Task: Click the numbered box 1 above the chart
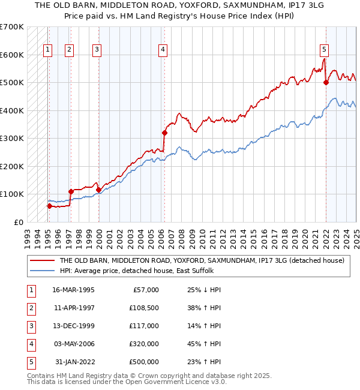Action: coord(47,50)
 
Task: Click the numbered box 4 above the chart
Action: coord(163,50)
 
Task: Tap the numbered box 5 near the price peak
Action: coord(324,50)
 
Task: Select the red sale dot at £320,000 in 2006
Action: coord(164,133)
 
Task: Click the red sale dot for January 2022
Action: coord(326,83)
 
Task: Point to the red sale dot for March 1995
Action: coord(49,206)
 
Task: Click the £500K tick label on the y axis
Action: coord(11,82)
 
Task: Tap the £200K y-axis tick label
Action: coord(11,166)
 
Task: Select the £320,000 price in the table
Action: coord(144,344)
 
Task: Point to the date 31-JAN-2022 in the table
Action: coord(74,362)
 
